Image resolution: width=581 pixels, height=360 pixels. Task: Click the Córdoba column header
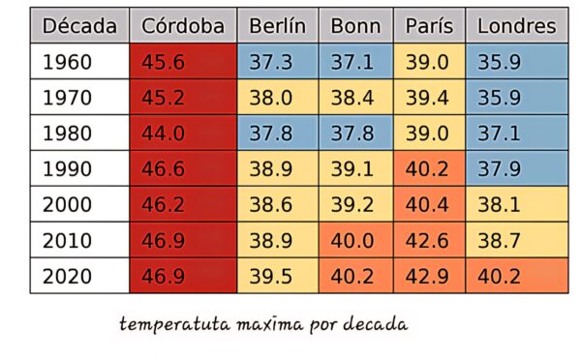[183, 25]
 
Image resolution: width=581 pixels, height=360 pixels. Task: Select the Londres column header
[517, 25]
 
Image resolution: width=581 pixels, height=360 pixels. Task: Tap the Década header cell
[79, 25]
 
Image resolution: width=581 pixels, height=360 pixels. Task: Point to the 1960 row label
[79, 62]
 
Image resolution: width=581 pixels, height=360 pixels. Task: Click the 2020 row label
[79, 276]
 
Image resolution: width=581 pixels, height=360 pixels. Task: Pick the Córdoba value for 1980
[183, 133]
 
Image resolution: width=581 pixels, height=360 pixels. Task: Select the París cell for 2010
[429, 240]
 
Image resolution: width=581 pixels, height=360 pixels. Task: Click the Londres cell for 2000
[517, 204]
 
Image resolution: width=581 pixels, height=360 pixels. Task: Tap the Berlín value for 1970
[278, 98]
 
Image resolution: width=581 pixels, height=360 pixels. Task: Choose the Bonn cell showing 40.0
[355, 240]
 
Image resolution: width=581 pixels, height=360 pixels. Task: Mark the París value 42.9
[429, 276]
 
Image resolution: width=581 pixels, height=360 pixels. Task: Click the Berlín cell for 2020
[278, 276]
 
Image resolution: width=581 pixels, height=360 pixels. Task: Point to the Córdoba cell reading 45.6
[183, 62]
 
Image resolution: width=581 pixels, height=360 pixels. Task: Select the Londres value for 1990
[517, 169]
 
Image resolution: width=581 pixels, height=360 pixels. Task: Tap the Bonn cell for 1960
[355, 62]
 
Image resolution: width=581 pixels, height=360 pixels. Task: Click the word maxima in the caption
[270, 325]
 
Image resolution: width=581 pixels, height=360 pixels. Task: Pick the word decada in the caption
[376, 324]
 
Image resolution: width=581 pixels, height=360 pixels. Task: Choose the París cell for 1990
[429, 169]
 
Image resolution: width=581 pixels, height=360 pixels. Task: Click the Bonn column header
[355, 25]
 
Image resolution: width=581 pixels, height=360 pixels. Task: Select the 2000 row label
[79, 204]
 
